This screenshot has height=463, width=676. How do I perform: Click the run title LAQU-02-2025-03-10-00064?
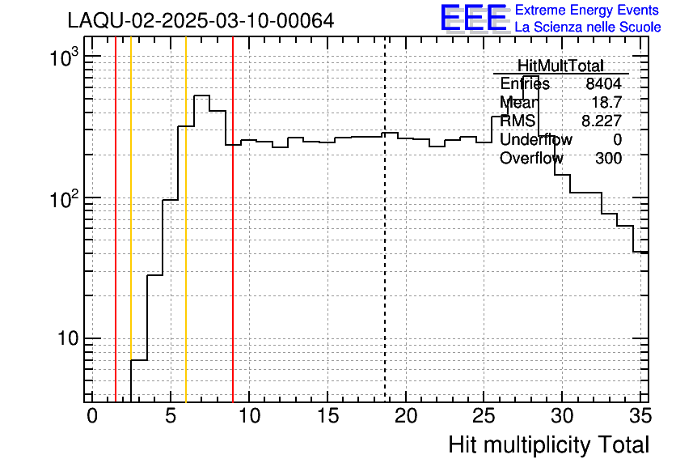201,21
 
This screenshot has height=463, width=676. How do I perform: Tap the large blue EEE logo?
474,18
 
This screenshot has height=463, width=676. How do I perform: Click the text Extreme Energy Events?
587,11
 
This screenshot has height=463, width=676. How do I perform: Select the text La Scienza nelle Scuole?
587,28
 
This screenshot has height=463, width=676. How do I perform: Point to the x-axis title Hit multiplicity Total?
548,444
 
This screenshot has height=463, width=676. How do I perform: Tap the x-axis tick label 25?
484,416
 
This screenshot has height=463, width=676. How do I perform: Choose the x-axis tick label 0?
92,416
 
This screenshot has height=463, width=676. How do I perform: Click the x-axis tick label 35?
640,416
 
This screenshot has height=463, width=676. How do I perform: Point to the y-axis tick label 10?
67,339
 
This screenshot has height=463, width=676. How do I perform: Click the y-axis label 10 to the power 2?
63,199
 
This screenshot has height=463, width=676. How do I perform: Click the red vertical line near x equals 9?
233,243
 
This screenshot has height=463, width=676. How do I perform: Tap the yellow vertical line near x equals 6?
186,243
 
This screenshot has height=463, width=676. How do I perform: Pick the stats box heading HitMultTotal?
560,66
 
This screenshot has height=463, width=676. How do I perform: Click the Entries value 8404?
604,84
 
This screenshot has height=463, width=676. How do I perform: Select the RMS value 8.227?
602,121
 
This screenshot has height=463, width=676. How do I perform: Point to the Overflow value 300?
608,159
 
